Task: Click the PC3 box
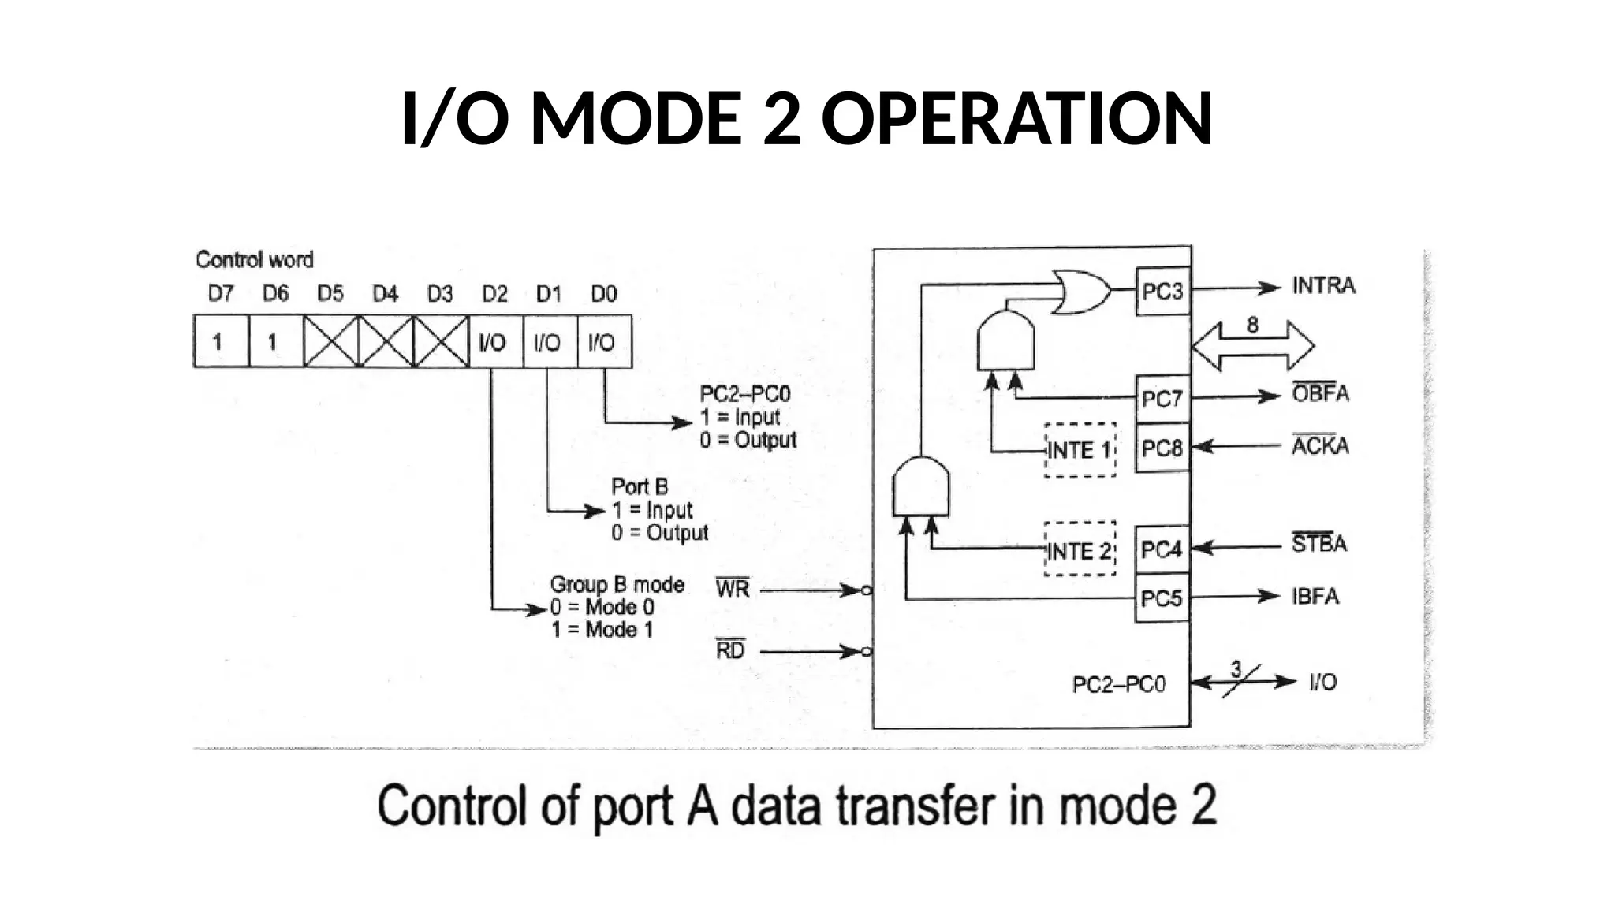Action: pos(1162,291)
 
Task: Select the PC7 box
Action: pos(1162,399)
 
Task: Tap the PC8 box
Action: pos(1162,448)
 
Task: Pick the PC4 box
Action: pos(1162,549)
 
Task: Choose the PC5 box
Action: pos(1162,598)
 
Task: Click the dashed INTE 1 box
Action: pos(1080,450)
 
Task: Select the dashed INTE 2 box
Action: pos(1080,550)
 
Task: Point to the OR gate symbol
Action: pos(1081,291)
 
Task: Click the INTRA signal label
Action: pos(1323,285)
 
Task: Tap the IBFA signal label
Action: pos(1315,596)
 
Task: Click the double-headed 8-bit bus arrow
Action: pos(1252,345)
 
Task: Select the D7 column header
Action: pos(221,294)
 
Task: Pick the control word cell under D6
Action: pos(274,341)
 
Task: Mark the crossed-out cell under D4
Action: pos(386,341)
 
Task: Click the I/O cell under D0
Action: pos(603,341)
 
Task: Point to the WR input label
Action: pos(733,589)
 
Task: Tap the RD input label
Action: pos(730,650)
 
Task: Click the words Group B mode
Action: pos(617,584)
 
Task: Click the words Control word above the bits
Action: pos(255,259)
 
